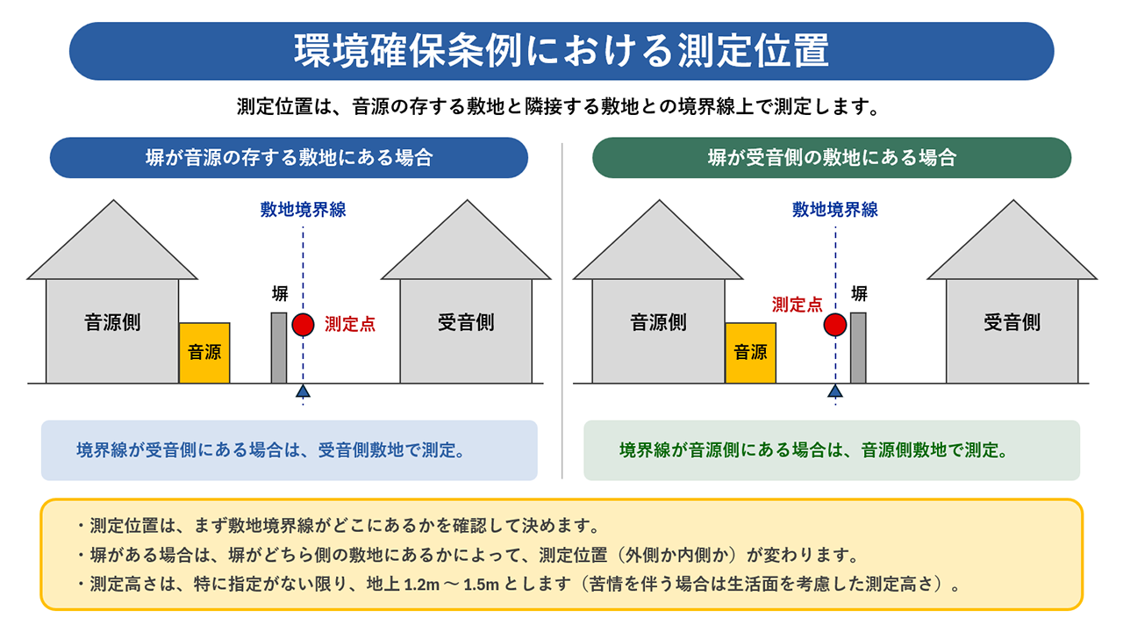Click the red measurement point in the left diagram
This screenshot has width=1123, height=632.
point(303,324)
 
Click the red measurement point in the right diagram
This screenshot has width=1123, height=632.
point(834,325)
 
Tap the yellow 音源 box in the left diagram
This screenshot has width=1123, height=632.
point(204,353)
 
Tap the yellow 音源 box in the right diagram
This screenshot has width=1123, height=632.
point(750,353)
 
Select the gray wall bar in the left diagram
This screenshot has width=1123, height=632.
point(279,348)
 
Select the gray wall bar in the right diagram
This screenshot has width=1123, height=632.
point(858,348)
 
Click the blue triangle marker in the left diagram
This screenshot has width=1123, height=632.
point(303,391)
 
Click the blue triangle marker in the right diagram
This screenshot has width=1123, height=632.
point(834,391)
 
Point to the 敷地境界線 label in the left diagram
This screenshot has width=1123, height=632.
point(303,210)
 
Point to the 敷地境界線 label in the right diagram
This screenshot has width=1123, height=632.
point(834,210)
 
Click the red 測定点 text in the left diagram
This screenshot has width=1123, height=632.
point(350,324)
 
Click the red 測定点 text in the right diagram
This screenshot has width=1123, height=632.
point(797,305)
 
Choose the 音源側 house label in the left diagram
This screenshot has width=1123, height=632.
point(112,322)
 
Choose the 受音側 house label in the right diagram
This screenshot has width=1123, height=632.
point(1012,322)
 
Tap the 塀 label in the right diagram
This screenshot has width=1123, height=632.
point(860,293)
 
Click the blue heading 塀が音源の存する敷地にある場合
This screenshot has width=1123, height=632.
point(289,158)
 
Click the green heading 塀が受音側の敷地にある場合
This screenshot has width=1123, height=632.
point(832,158)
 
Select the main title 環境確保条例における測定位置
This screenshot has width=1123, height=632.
point(561,51)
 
